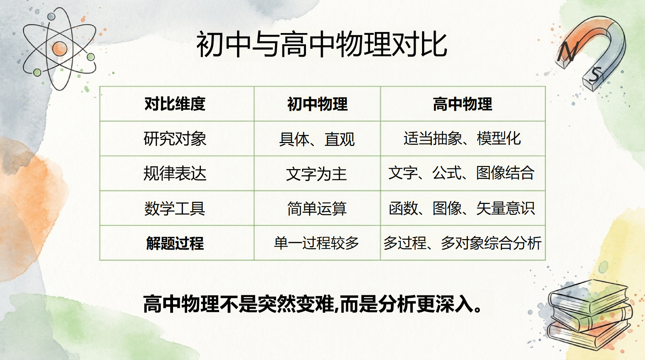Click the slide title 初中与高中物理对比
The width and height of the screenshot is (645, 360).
(x=322, y=44)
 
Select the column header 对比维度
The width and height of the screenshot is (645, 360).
(x=175, y=104)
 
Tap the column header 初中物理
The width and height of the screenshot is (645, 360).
(x=317, y=104)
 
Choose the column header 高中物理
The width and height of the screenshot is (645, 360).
(x=462, y=104)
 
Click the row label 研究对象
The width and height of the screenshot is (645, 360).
(x=175, y=139)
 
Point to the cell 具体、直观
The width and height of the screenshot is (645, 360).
(x=317, y=139)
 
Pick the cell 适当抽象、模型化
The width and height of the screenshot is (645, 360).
(x=462, y=138)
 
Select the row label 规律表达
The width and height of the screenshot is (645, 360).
(x=175, y=173)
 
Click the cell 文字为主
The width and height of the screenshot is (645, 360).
(x=317, y=174)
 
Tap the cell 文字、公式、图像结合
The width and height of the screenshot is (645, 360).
(x=461, y=173)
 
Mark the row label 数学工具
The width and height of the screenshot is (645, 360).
(x=175, y=208)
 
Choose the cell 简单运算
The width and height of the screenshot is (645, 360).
(x=317, y=208)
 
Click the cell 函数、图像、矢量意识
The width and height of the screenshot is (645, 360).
(x=462, y=208)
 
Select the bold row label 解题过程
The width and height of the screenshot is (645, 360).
(x=175, y=243)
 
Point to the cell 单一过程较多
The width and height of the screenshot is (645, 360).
(x=317, y=243)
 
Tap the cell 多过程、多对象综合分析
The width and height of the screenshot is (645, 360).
(x=462, y=243)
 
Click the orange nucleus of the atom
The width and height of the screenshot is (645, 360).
(x=59, y=49)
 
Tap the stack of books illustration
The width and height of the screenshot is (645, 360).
(x=589, y=315)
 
